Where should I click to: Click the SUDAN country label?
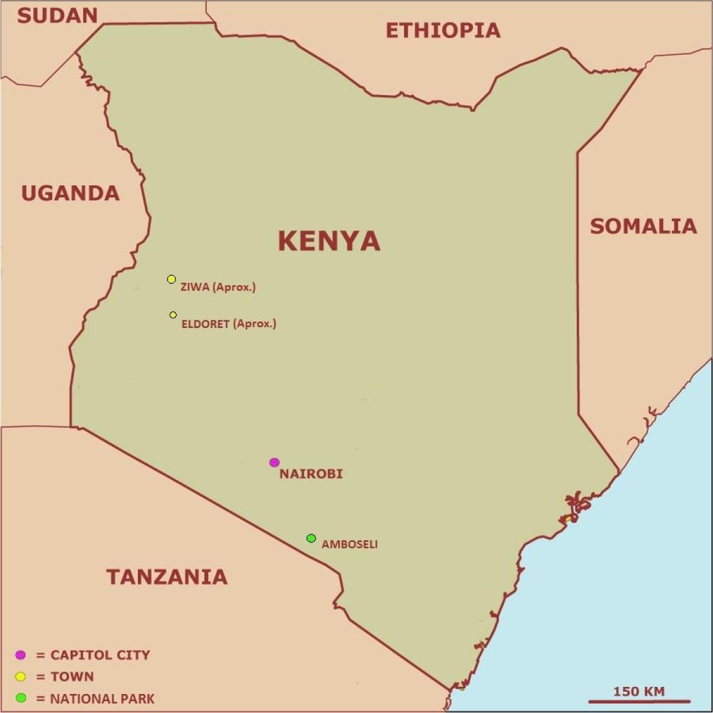58,15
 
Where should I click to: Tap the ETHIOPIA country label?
443,30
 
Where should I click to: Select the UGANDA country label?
71,193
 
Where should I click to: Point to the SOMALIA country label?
643,226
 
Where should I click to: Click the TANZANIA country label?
167,576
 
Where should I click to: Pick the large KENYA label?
329,241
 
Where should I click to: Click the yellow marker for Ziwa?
171,279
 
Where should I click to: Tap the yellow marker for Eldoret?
173,314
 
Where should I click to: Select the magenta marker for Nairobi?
274,462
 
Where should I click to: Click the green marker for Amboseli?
311,538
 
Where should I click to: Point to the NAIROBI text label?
311,474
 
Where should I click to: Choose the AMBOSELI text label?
349,544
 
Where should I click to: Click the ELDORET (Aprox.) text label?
229,324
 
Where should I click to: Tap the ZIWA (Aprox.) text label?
217,287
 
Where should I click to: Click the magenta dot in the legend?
21,655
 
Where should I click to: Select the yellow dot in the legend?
21,677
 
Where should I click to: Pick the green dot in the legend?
21,698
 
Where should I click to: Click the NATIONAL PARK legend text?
102,699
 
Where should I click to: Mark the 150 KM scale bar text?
639,691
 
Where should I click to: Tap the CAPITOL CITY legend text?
100,655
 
